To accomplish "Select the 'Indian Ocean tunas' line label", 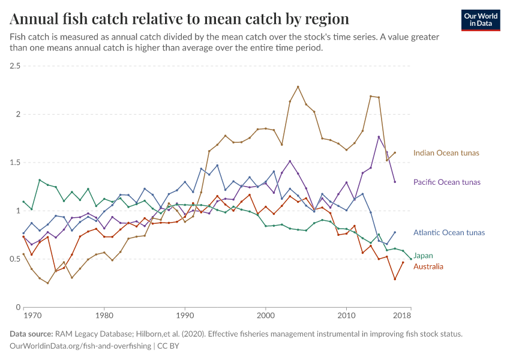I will pos(446,153).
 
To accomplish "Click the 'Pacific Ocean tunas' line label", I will pos(446,182).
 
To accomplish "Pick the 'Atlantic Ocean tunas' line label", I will pos(449,233).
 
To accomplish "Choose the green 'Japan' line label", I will pos(424,256).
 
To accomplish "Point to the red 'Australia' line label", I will pos(428,266).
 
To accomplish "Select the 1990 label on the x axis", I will pos(185,315).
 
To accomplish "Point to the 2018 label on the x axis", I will pos(402,315).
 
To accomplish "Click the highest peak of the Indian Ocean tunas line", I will pos(298,87).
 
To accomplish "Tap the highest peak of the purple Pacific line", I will pos(379,137).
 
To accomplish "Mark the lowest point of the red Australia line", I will pos(395,279).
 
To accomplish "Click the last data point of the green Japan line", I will pos(411,259).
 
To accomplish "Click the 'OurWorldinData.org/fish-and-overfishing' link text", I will pos(81,346).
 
